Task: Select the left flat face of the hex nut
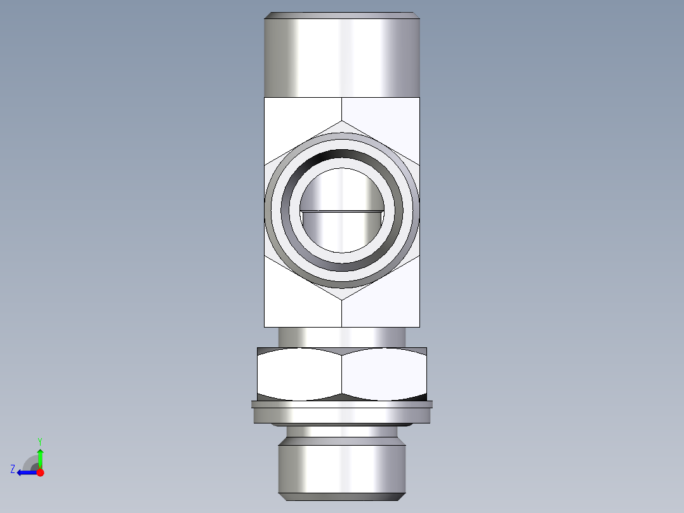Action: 299,375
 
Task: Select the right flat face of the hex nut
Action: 384,375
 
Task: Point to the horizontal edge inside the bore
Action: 342,210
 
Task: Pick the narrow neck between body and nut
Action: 342,336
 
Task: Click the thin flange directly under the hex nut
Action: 342,404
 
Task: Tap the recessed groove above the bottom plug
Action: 342,431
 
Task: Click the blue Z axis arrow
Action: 25,472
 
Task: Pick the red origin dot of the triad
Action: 40,472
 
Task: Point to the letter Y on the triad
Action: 39,441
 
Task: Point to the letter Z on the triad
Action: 13,469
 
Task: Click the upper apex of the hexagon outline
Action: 342,121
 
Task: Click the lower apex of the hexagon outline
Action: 342,299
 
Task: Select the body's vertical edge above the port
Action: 342,109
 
